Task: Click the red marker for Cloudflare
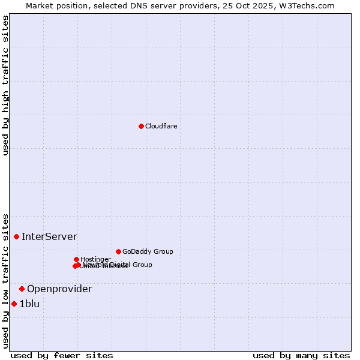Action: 141,126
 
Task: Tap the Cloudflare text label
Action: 161,126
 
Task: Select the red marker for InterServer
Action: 16,236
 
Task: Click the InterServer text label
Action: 49,236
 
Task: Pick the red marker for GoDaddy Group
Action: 118,251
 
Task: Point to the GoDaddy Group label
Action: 148,251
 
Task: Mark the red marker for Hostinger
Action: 76,259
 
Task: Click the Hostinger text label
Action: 95,259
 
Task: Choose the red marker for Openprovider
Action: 22,289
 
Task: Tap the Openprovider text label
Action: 59,289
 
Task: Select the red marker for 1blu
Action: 14,304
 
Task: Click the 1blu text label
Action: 29,304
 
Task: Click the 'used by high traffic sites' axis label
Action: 5,85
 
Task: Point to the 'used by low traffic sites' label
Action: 5,280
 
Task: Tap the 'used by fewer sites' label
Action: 62,355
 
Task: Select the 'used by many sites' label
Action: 301,355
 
